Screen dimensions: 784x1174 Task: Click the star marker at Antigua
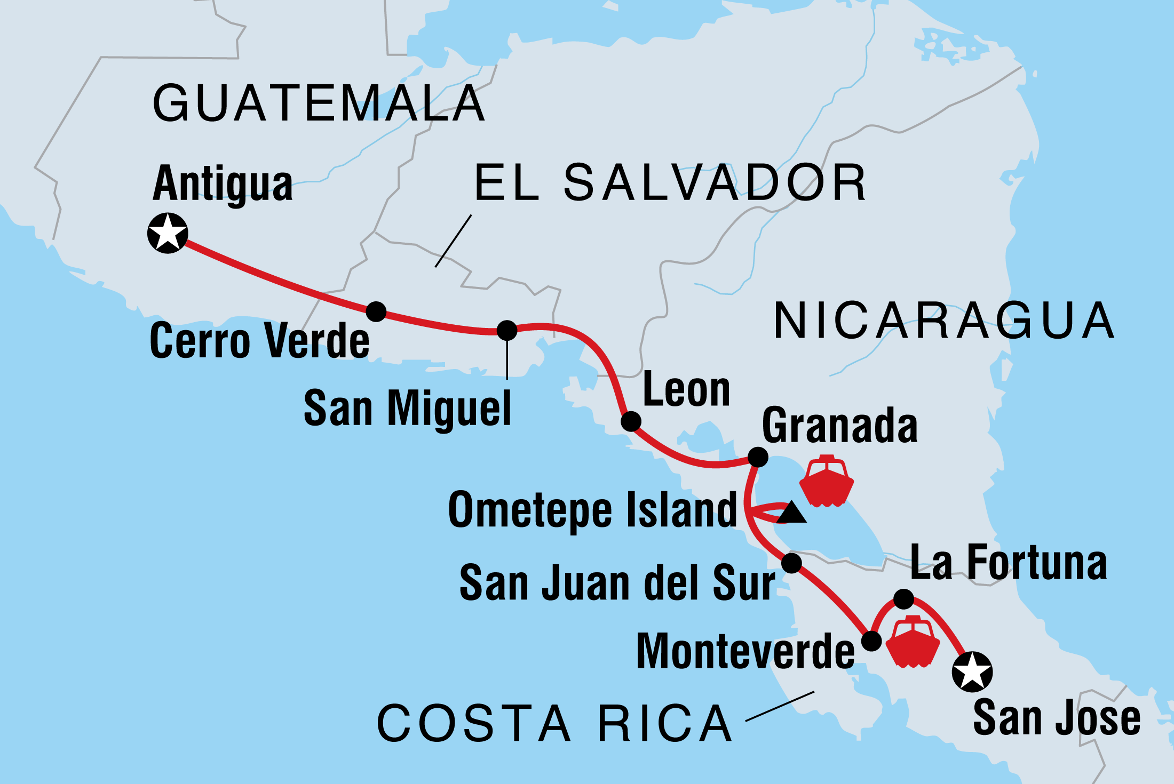168,233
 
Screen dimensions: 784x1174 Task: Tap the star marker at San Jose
972,671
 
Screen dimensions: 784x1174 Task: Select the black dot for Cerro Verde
376,311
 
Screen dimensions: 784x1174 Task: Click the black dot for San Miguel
507,330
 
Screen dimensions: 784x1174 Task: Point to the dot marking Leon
631,421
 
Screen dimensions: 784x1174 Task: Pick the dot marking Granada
758,457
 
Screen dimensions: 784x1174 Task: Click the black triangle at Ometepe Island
791,513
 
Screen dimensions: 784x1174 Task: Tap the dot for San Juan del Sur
791,563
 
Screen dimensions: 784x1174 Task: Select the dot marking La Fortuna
903,599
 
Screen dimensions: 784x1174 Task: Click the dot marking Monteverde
871,641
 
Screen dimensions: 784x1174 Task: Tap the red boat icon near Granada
827,481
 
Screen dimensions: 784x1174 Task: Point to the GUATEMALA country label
319,103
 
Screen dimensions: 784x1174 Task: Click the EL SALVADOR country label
670,183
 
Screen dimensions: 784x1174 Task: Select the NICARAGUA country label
943,321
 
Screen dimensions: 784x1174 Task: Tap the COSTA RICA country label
555,724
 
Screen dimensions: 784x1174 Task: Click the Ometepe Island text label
592,510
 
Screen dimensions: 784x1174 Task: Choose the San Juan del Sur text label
617,583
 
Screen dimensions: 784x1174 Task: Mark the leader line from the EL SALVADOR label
453,241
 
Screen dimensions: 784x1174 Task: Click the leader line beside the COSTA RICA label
780,706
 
